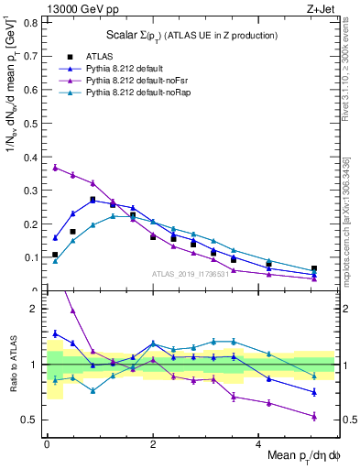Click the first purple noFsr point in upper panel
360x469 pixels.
(x=56, y=167)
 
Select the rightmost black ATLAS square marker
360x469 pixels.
(x=314, y=269)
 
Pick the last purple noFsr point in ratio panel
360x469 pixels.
(x=314, y=416)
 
